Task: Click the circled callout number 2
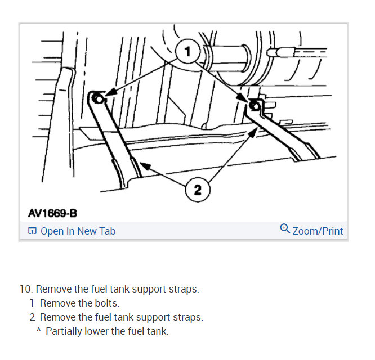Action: coord(197,190)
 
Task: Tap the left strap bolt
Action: coord(98,99)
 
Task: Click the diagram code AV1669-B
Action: coord(52,213)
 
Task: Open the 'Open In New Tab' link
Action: coord(78,231)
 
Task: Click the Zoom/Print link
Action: coord(318,231)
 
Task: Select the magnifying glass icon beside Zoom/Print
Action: coord(285,229)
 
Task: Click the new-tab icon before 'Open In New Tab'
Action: coord(33,231)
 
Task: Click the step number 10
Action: coord(26,289)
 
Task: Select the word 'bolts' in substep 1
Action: coord(105,303)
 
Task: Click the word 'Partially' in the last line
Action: coord(64,331)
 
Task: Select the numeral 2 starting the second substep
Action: coord(32,317)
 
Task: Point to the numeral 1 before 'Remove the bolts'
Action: coord(32,303)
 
